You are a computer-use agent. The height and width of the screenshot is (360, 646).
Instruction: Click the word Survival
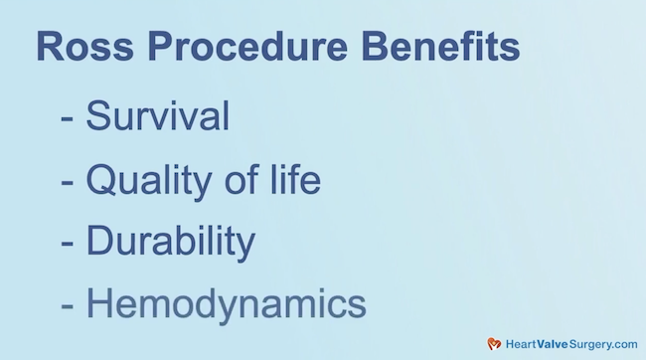tap(158, 116)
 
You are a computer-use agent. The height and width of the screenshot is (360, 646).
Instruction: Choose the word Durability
tap(170, 242)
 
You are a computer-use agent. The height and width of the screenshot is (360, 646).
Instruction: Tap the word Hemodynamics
tap(226, 303)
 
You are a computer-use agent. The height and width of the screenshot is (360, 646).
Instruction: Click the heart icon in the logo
tap(494, 343)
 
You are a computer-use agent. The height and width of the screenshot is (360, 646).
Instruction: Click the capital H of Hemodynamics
tap(100, 303)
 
